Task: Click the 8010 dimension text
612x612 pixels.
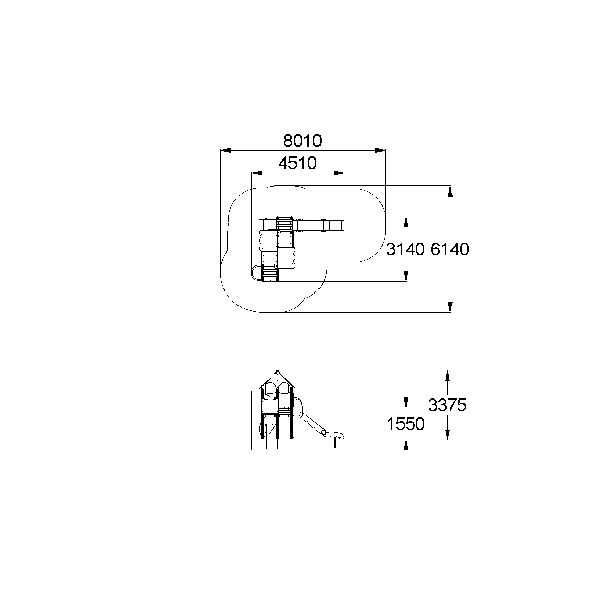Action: tap(302, 141)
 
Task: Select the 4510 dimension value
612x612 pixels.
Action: tap(298, 163)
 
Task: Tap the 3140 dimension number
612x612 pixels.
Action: tap(406, 249)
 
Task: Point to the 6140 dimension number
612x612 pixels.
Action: tap(450, 249)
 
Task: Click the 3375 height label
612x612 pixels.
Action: tap(447, 405)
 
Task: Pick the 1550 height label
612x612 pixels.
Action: tap(406, 424)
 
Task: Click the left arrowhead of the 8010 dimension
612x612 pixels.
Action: tap(226, 150)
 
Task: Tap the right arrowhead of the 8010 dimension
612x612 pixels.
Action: tap(380, 150)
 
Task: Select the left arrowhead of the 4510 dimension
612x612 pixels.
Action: tap(257, 173)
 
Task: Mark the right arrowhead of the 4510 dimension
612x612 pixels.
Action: tap(339, 173)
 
